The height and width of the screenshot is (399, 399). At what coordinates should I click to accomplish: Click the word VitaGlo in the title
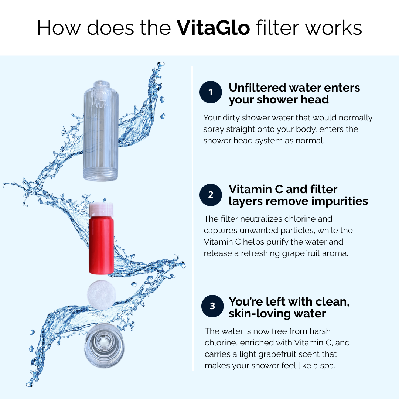click(x=214, y=28)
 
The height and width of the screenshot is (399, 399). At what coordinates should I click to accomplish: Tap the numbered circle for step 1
click(x=211, y=92)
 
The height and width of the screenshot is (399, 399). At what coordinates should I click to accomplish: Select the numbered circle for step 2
click(x=211, y=195)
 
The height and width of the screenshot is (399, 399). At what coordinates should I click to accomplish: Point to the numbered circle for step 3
click(x=212, y=306)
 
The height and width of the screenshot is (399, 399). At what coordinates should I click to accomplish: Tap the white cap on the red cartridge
click(x=101, y=209)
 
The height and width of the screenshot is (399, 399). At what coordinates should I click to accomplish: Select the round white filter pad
click(x=99, y=295)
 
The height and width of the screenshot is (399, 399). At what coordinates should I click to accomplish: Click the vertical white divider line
click(x=192, y=218)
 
